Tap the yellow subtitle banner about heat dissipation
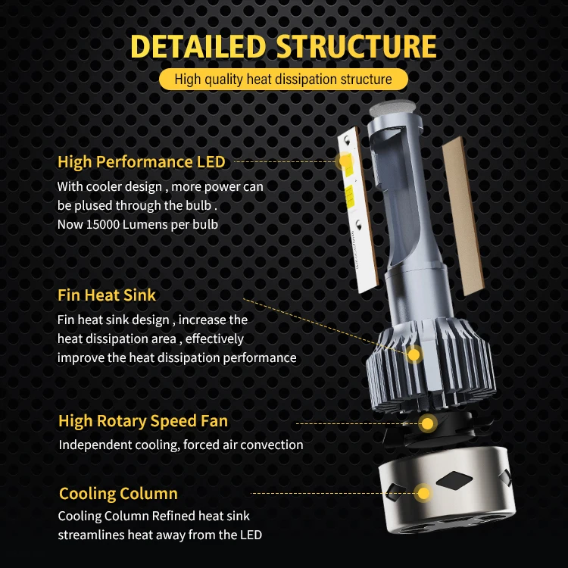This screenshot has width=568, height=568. (x=283, y=80)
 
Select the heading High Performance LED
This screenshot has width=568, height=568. (x=142, y=161)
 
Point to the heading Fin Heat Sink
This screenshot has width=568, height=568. (x=107, y=295)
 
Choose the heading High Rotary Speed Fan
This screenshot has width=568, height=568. (x=143, y=421)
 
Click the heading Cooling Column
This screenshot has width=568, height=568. (x=118, y=494)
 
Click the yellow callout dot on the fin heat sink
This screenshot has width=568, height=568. (x=414, y=354)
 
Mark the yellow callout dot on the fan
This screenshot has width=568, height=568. (x=428, y=423)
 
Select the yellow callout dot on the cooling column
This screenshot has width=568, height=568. (x=423, y=494)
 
